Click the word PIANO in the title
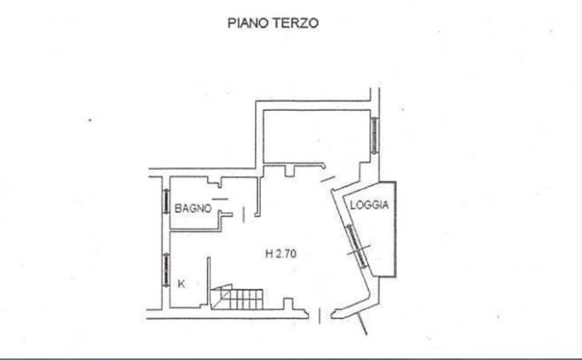coord(249,23)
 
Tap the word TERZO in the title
coord(296,23)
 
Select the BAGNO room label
coord(193,208)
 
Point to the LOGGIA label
coord(370,205)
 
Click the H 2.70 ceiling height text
coord(281,253)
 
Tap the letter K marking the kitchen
coord(181,284)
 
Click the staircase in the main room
coord(236,297)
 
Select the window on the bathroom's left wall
coord(166,201)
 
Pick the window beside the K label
coord(166,269)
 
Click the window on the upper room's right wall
coord(375,135)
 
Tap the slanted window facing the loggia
coord(357,245)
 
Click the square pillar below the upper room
coord(289,171)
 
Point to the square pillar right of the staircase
coord(289,303)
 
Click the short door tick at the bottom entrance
coord(320,316)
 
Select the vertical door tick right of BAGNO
coord(244,215)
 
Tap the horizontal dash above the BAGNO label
coord(220,200)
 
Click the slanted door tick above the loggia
coord(328,180)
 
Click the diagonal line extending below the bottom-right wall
coord(362,323)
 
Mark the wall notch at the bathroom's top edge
coord(215,182)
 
